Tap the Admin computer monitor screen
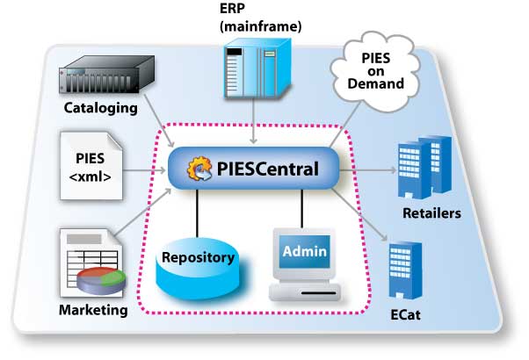303,253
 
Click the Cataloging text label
102,109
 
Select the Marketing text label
92,310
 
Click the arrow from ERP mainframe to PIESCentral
253,127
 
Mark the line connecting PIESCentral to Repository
198,211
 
